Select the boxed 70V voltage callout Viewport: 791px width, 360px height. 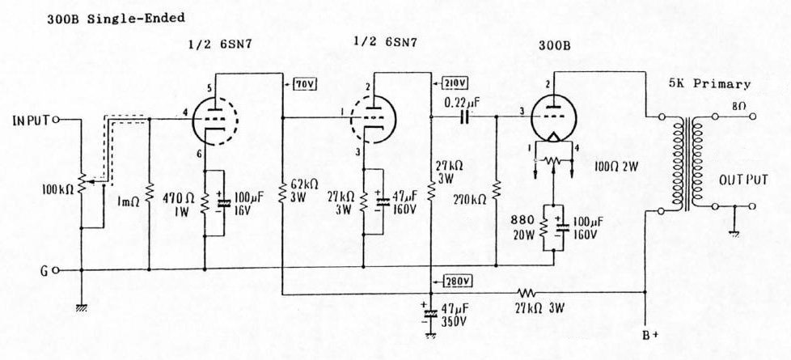[x=303, y=83]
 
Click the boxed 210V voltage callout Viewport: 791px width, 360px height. [x=456, y=83]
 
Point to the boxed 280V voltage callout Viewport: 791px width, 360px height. [x=458, y=281]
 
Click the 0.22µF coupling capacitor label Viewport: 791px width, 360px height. [x=463, y=103]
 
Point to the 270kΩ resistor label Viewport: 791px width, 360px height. [x=472, y=197]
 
